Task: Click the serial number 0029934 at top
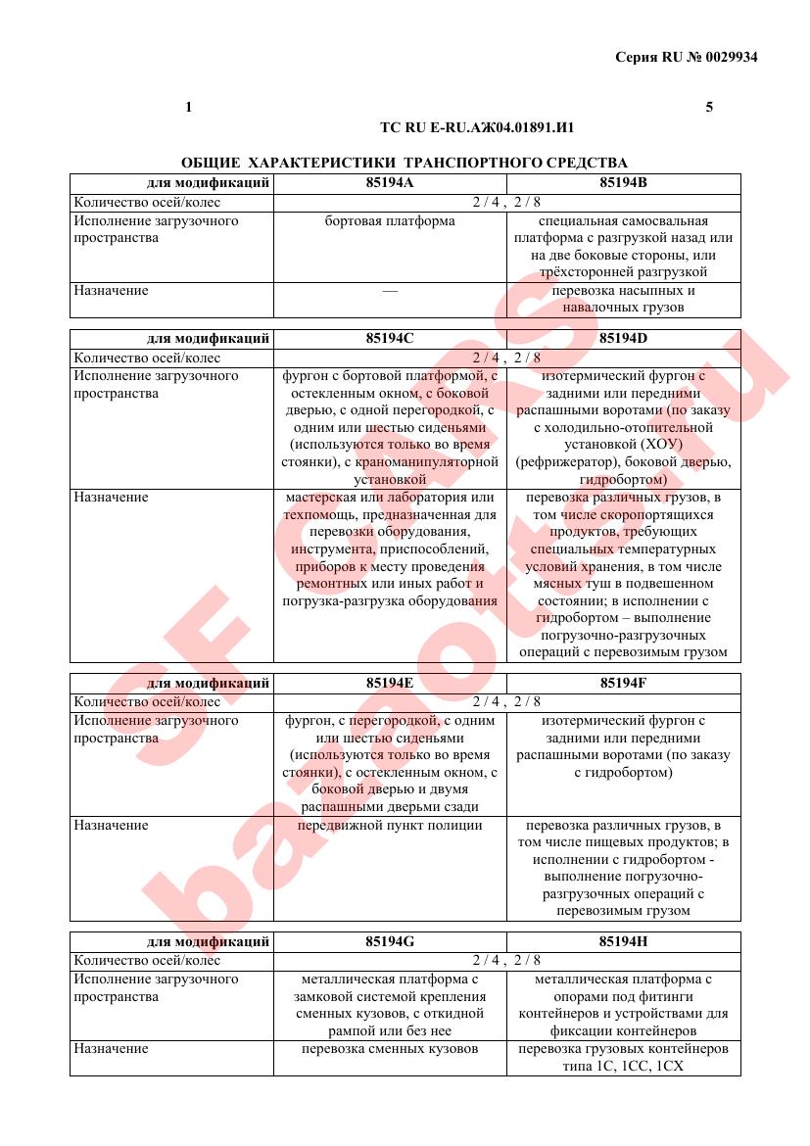pyautogui.click(x=727, y=57)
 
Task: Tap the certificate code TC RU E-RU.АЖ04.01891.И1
pyautogui.click(x=476, y=127)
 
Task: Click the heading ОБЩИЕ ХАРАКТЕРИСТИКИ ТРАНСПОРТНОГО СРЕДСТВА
pyautogui.click(x=405, y=163)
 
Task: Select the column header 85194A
pyautogui.click(x=390, y=183)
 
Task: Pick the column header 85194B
pyautogui.click(x=623, y=183)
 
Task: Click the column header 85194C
pyautogui.click(x=390, y=339)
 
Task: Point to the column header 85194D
pyautogui.click(x=623, y=339)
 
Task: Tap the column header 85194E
pyautogui.click(x=390, y=683)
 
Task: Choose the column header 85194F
pyautogui.click(x=623, y=683)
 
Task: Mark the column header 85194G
pyautogui.click(x=390, y=942)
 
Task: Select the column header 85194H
pyautogui.click(x=623, y=942)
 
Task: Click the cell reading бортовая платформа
pyautogui.click(x=390, y=221)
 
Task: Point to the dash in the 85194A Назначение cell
pyautogui.click(x=390, y=291)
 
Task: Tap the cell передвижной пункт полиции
pyautogui.click(x=390, y=825)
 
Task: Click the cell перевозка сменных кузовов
pyautogui.click(x=390, y=1049)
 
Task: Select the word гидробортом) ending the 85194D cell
pyautogui.click(x=623, y=480)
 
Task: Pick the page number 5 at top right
pyautogui.click(x=709, y=107)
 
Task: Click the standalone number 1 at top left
pyautogui.click(x=188, y=107)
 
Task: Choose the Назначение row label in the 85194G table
pyautogui.click(x=112, y=1049)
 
